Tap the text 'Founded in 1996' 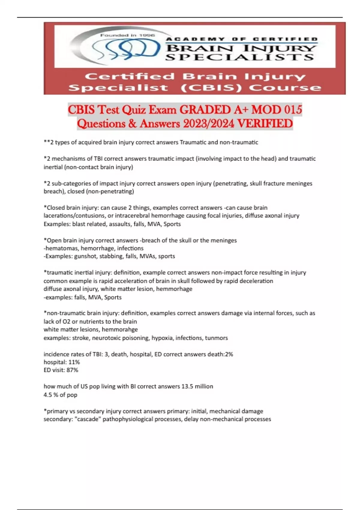click(127, 35)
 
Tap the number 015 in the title click(293, 110)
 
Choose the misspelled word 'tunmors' click(216, 338)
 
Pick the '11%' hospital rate click(74, 362)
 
